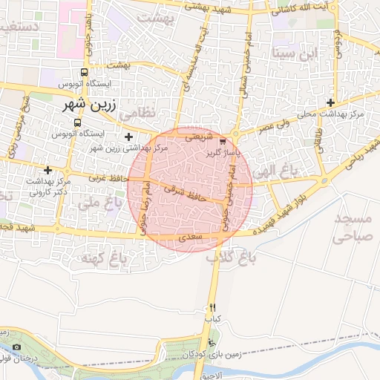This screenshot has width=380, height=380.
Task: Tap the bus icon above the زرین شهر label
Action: coord(84,73)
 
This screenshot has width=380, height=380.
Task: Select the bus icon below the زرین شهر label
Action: coord(79,122)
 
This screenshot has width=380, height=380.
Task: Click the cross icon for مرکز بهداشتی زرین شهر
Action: coord(129,137)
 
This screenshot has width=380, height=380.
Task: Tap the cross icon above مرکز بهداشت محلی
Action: coord(330,102)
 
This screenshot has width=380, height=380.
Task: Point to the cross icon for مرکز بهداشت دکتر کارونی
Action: coord(48,170)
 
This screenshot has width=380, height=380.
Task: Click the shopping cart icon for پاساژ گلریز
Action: coord(223,139)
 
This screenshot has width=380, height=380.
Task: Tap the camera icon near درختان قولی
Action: coord(17,347)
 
